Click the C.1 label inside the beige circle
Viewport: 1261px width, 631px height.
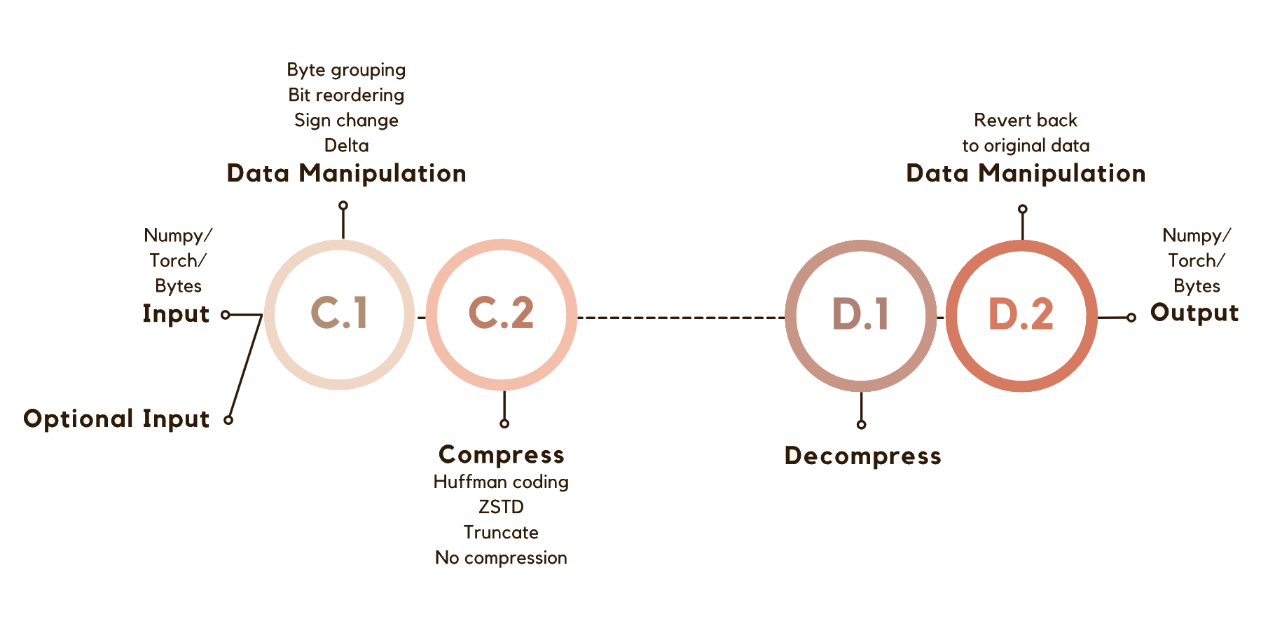[339, 313]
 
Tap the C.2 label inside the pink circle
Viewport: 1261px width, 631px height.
[501, 313]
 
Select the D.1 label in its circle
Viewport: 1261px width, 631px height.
[860, 315]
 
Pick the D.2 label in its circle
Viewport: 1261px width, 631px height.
[1021, 315]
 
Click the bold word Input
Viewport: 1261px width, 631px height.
[176, 313]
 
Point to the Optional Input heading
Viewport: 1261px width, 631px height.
[116, 419]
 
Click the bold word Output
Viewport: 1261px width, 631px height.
[1194, 313]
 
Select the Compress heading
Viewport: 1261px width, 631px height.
[501, 454]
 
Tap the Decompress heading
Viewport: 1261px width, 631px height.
[862, 456]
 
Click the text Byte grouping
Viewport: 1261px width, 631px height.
[346, 70]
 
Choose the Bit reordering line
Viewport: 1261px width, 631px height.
[346, 95]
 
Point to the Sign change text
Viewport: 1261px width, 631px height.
[346, 120]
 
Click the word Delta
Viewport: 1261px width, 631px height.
[346, 145]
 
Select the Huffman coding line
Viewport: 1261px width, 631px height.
[501, 482]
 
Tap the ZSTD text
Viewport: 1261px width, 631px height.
[501, 507]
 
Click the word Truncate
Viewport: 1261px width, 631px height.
[501, 532]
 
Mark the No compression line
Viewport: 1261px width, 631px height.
[501, 557]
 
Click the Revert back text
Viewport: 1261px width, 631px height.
[1026, 120]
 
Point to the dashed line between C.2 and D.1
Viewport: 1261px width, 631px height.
[681, 318]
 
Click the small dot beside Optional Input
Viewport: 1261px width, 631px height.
[228, 420]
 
